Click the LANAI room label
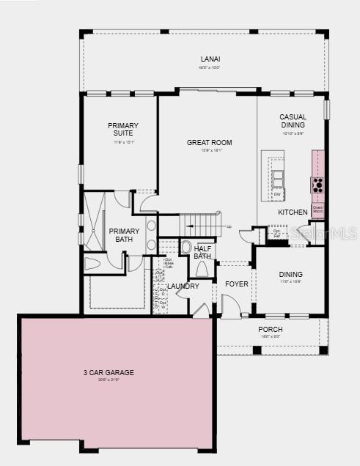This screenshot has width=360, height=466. tap(211, 59)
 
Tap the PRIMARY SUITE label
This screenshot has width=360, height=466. tap(123, 130)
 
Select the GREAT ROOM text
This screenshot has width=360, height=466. tap(209, 142)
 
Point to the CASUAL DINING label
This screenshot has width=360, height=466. tap(293, 122)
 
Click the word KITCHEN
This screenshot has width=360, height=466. tap(293, 212)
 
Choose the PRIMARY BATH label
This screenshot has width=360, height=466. tap(124, 235)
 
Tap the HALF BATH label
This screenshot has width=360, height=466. tap(202, 252)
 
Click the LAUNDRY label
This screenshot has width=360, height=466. tap(183, 286)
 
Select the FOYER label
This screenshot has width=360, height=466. tap(236, 284)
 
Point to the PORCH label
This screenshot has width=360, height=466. tap(270, 329)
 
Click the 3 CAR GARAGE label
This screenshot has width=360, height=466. tap(109, 372)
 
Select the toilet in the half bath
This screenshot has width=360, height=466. tap(202, 270)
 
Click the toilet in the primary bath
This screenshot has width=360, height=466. tap(93, 264)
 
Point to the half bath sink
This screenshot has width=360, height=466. tap(185, 248)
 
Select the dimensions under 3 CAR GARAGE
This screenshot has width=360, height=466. tap(109, 380)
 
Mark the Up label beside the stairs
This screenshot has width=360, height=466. tap(229, 226)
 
